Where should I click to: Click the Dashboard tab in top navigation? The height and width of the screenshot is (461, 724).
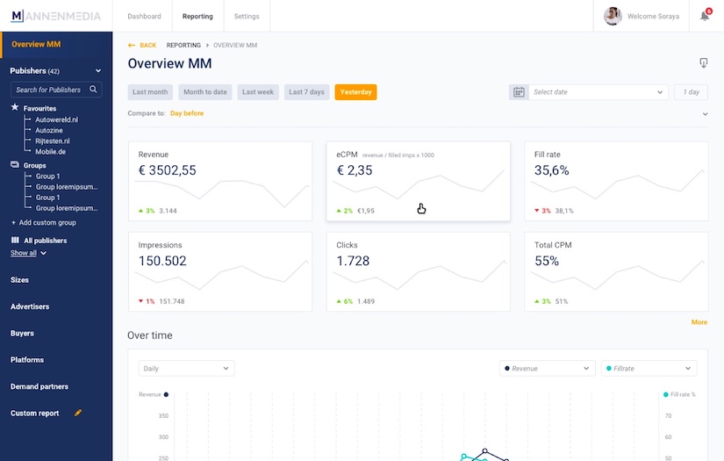click(144, 16)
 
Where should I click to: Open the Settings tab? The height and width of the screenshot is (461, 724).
click(247, 16)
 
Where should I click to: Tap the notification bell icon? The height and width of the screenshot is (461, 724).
click(705, 16)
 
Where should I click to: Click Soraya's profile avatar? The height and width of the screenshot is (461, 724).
click(613, 16)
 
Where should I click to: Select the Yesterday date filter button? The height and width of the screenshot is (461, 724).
click(355, 92)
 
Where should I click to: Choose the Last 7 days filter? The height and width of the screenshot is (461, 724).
click(306, 92)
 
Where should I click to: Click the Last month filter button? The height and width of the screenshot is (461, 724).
click(150, 92)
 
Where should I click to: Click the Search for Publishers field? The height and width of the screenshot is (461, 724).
click(50, 90)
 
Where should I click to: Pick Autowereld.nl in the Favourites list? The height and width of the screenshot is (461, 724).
click(56, 119)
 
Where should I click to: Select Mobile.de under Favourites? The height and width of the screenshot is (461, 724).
click(50, 151)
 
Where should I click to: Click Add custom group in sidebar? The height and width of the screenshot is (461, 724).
click(47, 223)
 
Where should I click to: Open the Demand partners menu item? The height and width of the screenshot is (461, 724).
click(39, 386)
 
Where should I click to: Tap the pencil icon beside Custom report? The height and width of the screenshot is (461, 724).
click(78, 413)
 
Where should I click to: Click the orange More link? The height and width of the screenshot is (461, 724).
click(699, 322)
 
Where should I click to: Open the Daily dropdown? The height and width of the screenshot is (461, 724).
click(186, 369)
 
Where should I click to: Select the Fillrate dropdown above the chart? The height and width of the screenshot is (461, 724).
click(649, 369)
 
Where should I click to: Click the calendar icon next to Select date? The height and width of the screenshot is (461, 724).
click(519, 92)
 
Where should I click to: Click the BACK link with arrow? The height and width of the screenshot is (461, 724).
click(142, 45)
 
